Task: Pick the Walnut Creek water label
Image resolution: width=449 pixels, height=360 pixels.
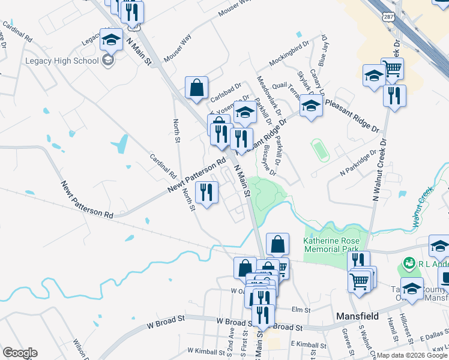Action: [x=423, y=208]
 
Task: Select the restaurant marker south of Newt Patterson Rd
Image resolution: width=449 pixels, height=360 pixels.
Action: [x=206, y=193]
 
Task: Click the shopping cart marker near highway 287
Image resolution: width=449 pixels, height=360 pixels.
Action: [x=392, y=69]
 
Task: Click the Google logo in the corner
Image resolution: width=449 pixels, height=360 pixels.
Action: [x=20, y=353]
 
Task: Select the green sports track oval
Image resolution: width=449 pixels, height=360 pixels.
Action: [x=320, y=150]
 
